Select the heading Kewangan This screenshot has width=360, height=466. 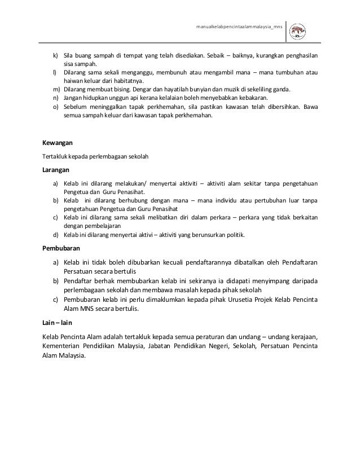(58, 143)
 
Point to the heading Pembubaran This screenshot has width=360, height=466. (61, 248)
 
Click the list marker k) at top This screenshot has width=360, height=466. (56, 56)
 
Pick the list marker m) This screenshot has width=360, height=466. (56, 89)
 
